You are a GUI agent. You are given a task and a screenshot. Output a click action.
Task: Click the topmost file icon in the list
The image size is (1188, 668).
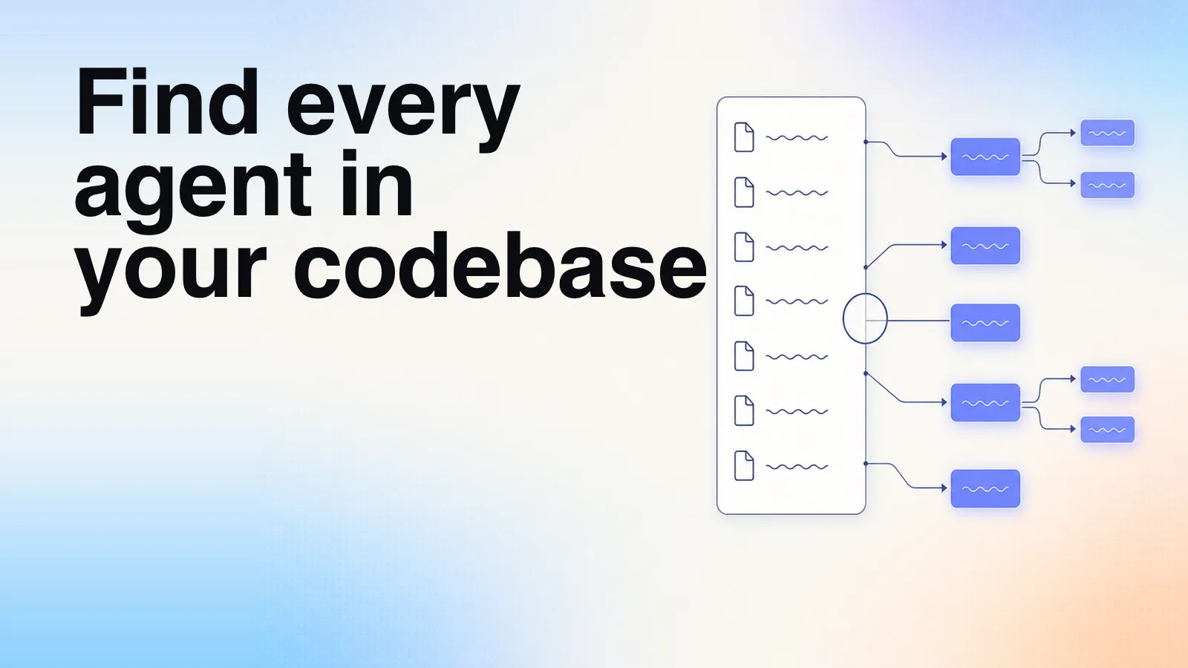pyautogui.click(x=744, y=137)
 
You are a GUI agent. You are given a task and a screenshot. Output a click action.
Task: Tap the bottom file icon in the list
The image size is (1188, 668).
pyautogui.click(x=744, y=465)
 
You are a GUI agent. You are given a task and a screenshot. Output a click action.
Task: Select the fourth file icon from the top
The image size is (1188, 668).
pyautogui.click(x=744, y=301)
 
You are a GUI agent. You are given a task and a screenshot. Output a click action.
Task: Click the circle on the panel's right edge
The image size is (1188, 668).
pyautogui.click(x=843, y=318)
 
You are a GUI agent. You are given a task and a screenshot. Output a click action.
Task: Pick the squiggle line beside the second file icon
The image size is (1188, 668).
pyautogui.click(x=797, y=193)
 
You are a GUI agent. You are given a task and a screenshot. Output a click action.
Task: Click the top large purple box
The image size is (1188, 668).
pyautogui.click(x=985, y=157)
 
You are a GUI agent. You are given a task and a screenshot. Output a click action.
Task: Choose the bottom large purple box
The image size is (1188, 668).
pyautogui.click(x=985, y=488)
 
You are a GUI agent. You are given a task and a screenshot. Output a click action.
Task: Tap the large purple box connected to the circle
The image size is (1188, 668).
pyautogui.click(x=985, y=323)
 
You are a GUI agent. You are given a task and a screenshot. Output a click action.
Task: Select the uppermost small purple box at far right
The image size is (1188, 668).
pyautogui.click(x=1107, y=133)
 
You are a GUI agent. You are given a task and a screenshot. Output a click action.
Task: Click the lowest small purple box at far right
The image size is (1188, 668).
pyautogui.click(x=1107, y=430)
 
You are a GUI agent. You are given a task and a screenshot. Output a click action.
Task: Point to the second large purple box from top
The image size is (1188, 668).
pyautogui.click(x=985, y=246)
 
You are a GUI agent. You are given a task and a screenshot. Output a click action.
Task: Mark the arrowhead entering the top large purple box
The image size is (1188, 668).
pyautogui.click(x=944, y=157)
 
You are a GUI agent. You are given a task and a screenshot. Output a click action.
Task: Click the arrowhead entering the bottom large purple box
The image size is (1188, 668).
pyautogui.click(x=944, y=488)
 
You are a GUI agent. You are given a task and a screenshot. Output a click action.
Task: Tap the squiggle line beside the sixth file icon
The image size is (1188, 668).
pyautogui.click(x=797, y=411)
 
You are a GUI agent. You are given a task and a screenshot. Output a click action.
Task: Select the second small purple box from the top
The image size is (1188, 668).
pyautogui.click(x=1107, y=185)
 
